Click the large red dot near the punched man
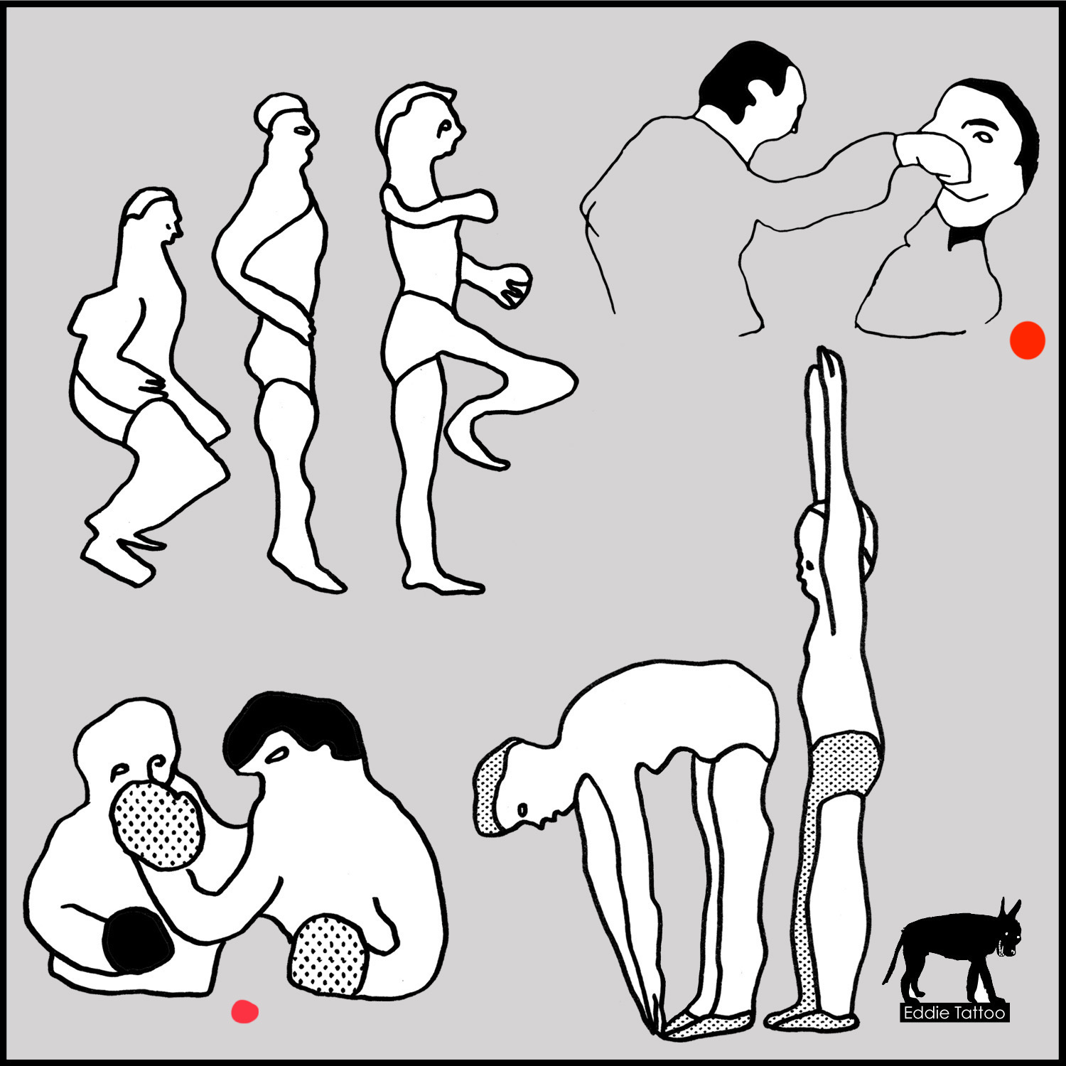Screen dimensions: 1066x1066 coord(1028,340)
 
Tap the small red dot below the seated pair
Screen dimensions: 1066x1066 coord(244,1011)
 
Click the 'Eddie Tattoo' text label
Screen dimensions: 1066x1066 coord(954,1013)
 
